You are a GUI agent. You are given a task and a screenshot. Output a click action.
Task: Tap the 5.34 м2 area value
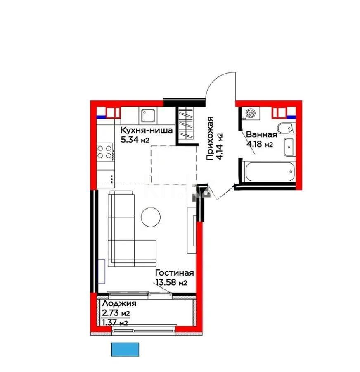tap(135, 140)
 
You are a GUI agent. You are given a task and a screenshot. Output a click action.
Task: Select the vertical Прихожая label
tap(211, 138)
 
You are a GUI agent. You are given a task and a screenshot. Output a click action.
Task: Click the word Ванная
tap(261, 135)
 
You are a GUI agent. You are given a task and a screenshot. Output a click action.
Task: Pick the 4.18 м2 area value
tap(260, 144)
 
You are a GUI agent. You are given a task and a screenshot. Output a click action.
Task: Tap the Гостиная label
tap(174, 273)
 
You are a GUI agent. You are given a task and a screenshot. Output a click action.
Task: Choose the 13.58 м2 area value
tap(171, 283)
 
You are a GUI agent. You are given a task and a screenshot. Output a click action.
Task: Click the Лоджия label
tap(119, 304)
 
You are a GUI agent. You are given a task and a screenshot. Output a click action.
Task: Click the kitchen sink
tap(147, 115)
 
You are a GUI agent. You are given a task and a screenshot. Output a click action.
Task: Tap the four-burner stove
tap(106, 151)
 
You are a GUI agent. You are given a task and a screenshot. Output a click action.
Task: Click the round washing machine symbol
tap(249, 113)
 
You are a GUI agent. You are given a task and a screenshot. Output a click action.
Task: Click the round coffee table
tap(151, 216)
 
